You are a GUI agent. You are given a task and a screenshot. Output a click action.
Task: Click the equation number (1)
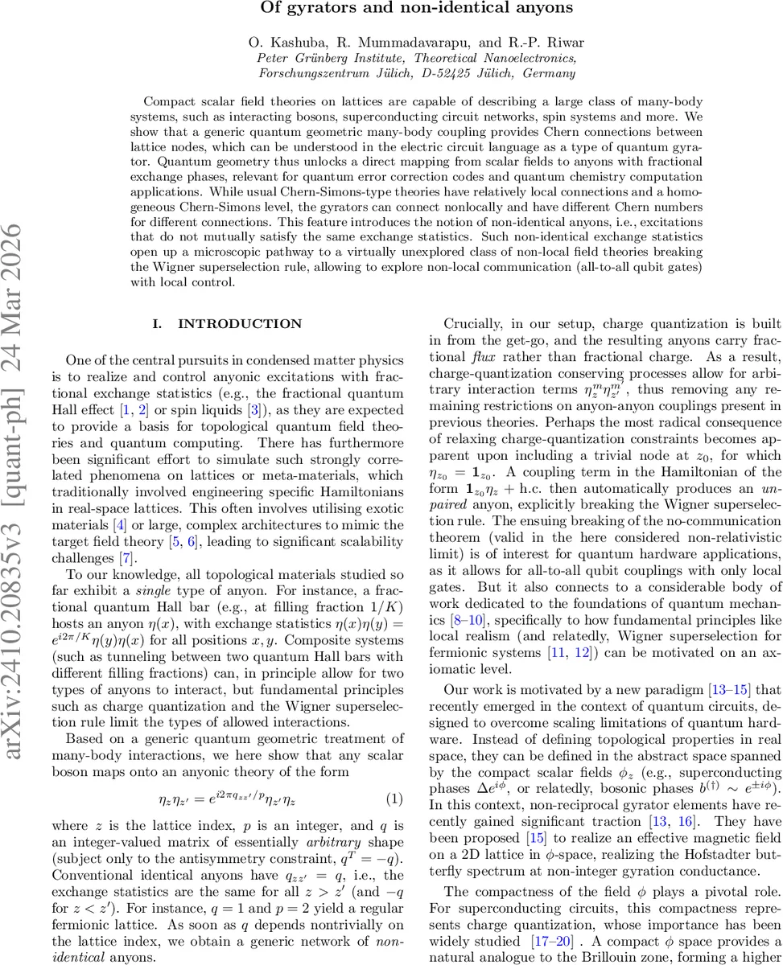tap(394, 800)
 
